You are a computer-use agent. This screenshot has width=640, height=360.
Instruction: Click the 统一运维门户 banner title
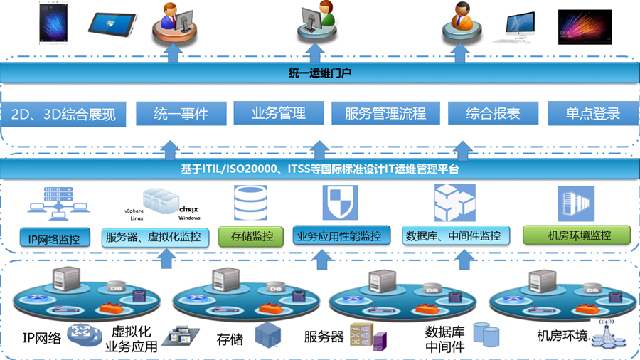click(x=319, y=73)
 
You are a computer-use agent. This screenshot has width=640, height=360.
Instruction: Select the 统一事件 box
click(x=181, y=113)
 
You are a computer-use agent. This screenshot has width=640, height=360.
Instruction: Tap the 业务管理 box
click(x=278, y=113)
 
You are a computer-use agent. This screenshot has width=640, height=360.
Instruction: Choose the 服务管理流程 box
click(x=385, y=113)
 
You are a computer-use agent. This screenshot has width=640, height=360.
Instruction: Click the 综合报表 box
click(x=493, y=113)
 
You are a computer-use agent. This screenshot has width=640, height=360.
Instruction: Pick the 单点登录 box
click(x=592, y=113)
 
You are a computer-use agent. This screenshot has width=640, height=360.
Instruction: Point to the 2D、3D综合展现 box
click(x=63, y=114)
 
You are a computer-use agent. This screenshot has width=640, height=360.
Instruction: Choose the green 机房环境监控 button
click(x=570, y=234)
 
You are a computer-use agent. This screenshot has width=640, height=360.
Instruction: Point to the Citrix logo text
click(x=188, y=210)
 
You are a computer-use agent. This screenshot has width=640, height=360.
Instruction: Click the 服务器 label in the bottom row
click(x=324, y=337)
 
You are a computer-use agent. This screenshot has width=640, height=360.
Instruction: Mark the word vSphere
click(x=134, y=211)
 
